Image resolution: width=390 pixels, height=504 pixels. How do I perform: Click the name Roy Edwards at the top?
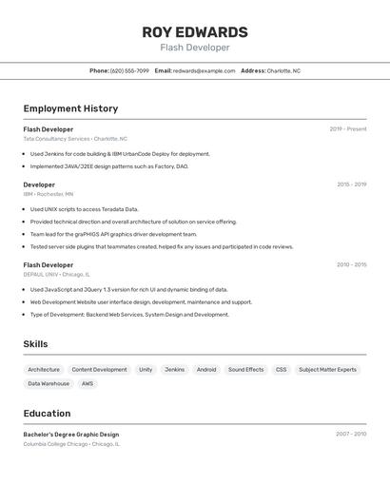(194, 31)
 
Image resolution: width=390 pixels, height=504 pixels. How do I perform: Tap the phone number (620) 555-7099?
(129, 70)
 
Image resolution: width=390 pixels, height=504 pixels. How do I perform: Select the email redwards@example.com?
(204, 70)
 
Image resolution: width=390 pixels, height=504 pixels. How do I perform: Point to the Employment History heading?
(70, 108)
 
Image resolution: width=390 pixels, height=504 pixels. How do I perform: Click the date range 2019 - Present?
(347, 129)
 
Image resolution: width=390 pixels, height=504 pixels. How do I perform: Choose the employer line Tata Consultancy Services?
(75, 139)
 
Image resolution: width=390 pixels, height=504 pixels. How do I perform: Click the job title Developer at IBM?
(39, 184)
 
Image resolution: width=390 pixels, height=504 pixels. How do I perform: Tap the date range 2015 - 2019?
(351, 184)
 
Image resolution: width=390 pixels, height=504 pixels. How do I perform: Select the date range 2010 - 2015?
(351, 265)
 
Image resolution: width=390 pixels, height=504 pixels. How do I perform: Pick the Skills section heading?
(35, 344)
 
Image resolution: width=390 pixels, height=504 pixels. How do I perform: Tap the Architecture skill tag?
(44, 370)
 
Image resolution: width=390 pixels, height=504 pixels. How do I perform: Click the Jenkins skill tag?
(174, 370)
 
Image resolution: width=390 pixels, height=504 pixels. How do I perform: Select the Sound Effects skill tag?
(245, 370)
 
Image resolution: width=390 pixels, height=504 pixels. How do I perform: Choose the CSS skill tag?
(281, 370)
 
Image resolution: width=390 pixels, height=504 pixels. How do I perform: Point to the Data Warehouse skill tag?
(49, 384)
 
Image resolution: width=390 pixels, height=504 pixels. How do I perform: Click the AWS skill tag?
(88, 384)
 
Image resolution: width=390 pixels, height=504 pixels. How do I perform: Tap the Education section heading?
(47, 414)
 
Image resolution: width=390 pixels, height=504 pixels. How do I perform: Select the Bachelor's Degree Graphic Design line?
(71, 435)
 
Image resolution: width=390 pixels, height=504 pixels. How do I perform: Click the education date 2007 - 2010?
(350, 435)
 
